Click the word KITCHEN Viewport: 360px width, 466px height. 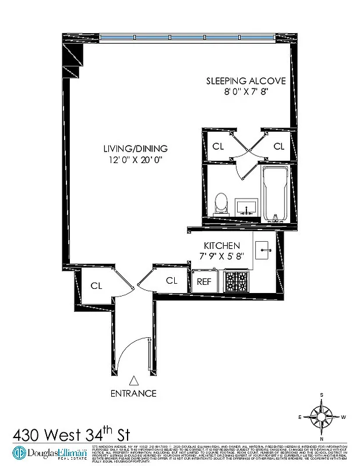click(x=221, y=246)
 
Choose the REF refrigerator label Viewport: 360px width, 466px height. click(x=203, y=281)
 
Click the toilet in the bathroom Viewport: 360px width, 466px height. click(x=221, y=203)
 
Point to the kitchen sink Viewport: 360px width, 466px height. click(x=266, y=250)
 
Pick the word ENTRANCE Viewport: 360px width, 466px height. click(x=134, y=393)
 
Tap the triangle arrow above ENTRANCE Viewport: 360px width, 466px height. click(x=134, y=380)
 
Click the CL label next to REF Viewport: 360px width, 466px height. click(x=171, y=280)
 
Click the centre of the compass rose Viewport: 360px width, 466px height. click(x=321, y=416)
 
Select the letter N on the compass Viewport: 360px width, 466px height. click(x=321, y=438)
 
